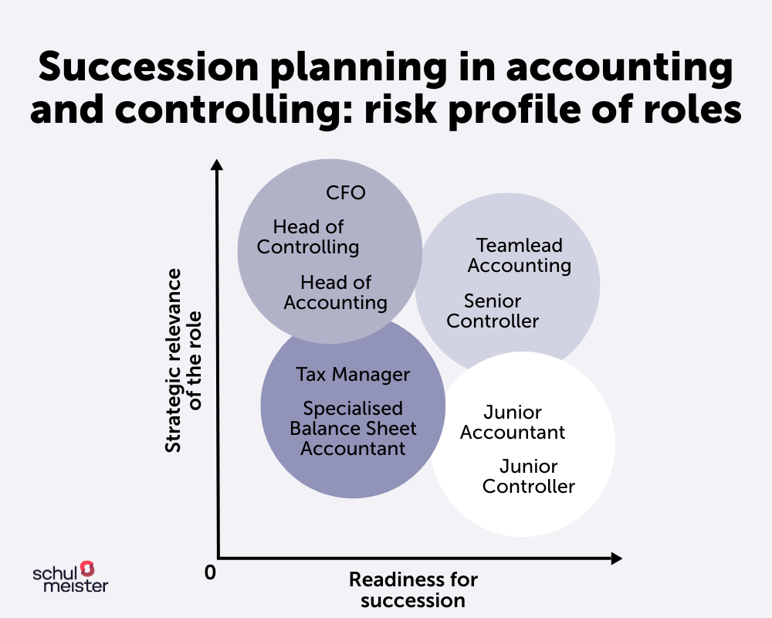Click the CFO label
346,192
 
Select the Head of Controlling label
308,237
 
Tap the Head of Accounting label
336,293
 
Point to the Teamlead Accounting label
520,255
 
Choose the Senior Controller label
493,311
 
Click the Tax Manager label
353,375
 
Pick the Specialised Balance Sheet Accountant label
353,429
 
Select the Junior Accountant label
513,423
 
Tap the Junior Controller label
529,477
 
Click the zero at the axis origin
210,572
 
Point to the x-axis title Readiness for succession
414,590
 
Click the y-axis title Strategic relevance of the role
183,360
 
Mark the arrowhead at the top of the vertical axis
217,165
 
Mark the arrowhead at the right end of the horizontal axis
616,559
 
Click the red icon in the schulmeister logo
87,569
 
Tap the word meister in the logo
76,586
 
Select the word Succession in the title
149,67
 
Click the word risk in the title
401,108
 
